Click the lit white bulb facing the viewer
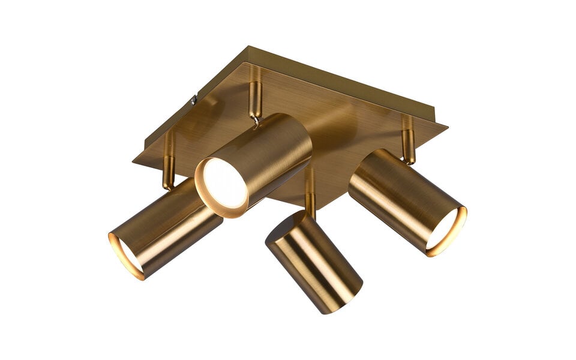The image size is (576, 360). tap(223, 183)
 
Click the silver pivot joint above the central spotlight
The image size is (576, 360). tap(257, 121)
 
